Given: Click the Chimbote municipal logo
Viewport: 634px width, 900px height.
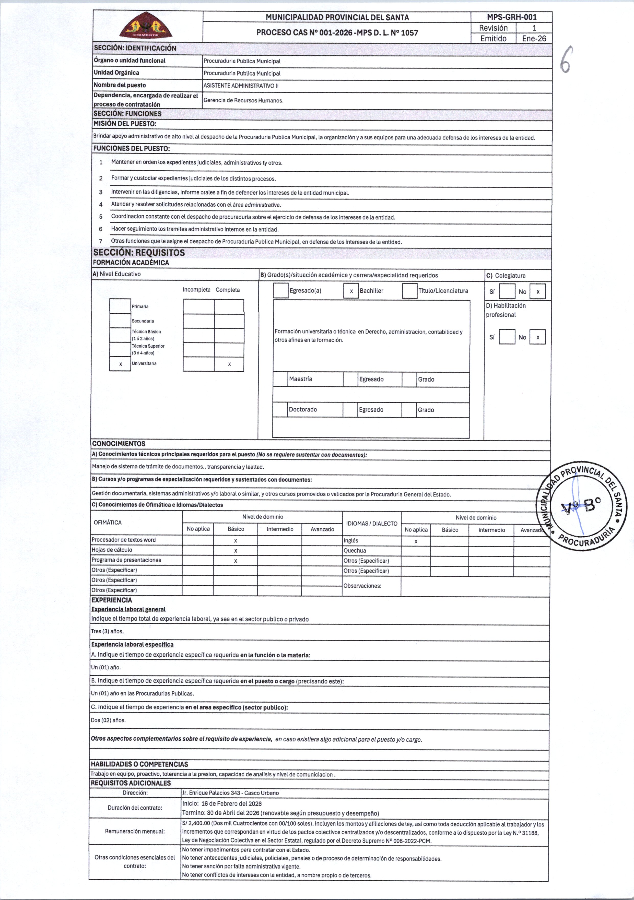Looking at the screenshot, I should tap(145, 26).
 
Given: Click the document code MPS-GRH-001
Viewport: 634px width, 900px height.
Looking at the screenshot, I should tap(511, 17).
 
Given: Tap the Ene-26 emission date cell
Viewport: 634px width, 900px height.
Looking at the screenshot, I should tap(534, 38).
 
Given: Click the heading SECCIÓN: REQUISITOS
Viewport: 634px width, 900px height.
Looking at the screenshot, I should tap(139, 252).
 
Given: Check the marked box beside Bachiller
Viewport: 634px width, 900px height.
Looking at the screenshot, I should tap(351, 291).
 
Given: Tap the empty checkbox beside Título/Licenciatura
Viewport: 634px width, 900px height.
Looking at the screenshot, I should tap(410, 291).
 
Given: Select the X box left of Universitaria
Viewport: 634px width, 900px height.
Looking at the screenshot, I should tap(120, 364).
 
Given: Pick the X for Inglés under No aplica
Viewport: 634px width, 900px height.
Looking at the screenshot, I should tap(416, 541).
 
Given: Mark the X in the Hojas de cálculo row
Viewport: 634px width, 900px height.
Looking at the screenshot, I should tap(236, 550).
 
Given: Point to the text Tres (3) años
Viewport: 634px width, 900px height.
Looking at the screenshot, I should tap(108, 631).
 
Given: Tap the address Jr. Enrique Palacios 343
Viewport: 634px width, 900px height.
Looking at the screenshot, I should tap(230, 792).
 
